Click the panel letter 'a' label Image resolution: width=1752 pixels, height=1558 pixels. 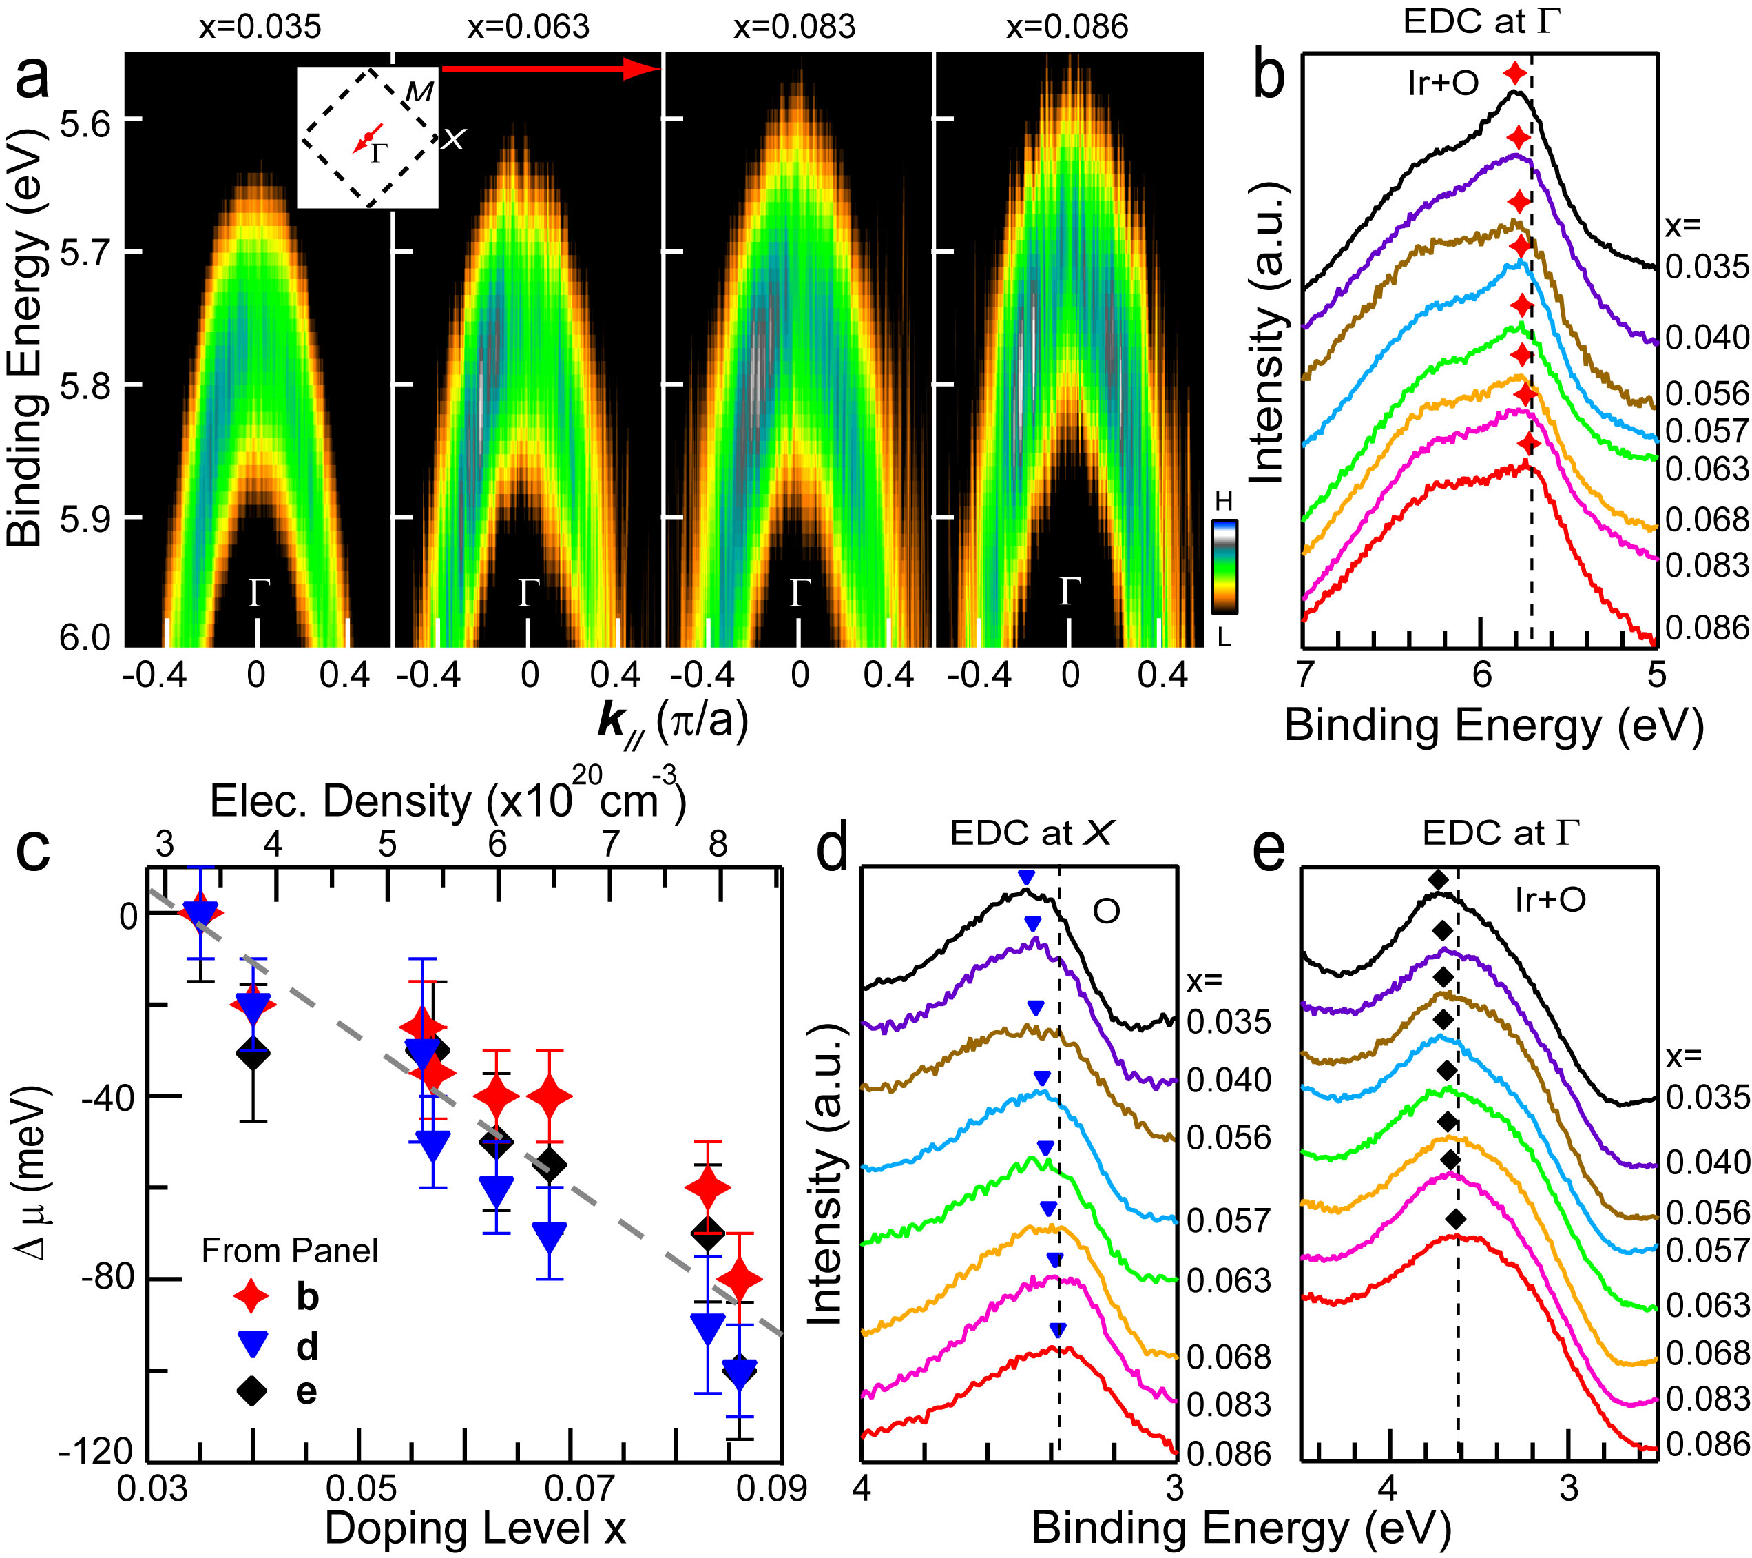tap(34, 79)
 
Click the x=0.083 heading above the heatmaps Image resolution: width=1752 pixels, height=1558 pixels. tap(795, 27)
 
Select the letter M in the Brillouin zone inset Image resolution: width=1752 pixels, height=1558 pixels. tap(419, 92)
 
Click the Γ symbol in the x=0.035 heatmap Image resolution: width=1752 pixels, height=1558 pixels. tap(259, 593)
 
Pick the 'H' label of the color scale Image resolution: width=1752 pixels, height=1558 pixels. tap(1224, 501)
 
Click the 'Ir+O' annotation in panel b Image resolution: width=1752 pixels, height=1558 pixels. tap(1443, 83)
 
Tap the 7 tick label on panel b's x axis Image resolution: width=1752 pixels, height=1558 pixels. tap(1304, 675)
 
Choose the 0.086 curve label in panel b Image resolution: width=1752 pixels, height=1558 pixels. tap(1706, 628)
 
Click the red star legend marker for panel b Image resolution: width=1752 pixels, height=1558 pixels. tap(252, 1295)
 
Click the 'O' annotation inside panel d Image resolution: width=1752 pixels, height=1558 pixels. tap(1106, 912)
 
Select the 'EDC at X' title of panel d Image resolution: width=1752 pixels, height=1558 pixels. tap(1031, 832)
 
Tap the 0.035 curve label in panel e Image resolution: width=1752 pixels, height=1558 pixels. tap(1707, 1098)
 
